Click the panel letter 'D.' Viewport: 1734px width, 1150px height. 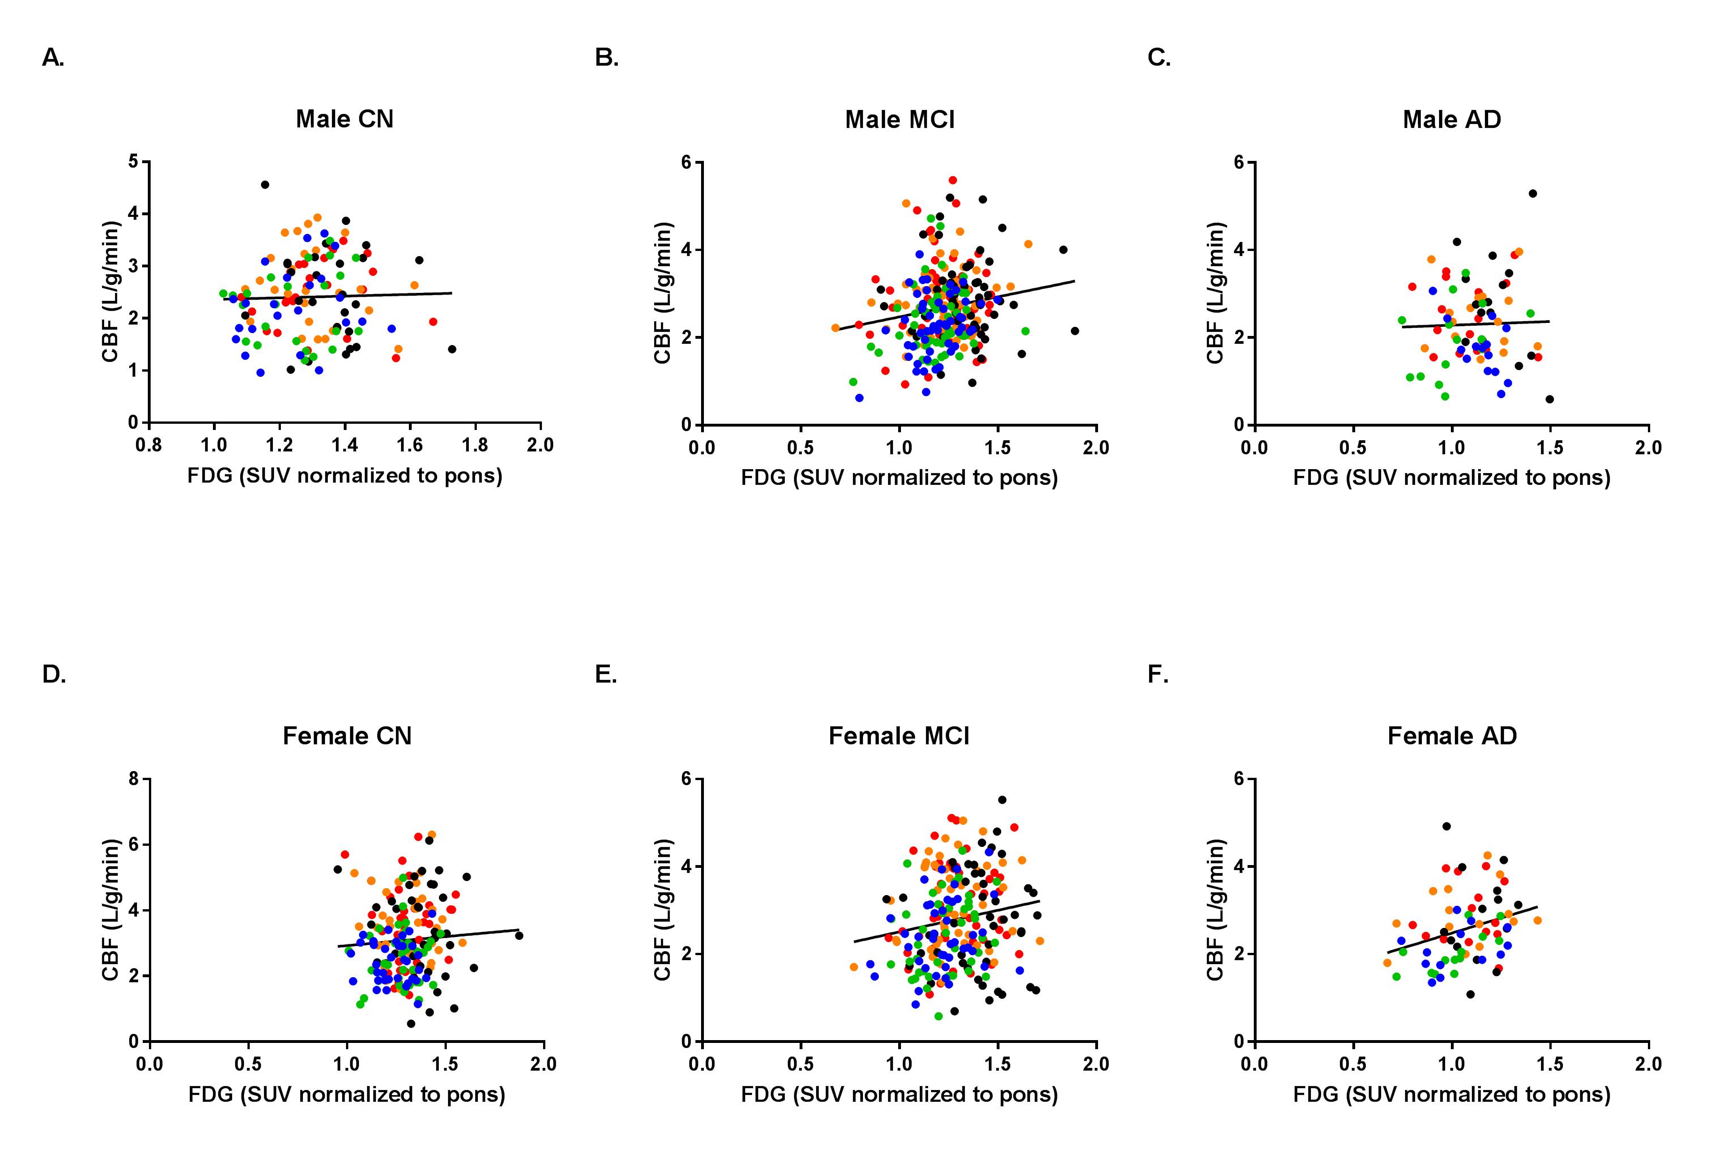click(x=54, y=674)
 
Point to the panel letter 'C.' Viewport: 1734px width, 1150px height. click(x=1159, y=57)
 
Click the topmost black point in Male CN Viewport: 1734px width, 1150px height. click(x=264, y=185)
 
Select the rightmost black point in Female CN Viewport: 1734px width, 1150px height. click(x=519, y=935)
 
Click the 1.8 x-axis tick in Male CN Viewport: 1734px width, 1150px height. click(x=475, y=445)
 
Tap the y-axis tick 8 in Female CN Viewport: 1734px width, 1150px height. click(x=134, y=778)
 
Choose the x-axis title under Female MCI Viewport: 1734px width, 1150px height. click(x=899, y=1094)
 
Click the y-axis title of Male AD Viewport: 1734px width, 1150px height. click(x=1215, y=293)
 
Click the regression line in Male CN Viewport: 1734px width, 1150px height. click(x=338, y=296)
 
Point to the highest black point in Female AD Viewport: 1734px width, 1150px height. click(x=1446, y=826)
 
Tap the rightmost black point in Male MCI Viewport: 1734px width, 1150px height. click(x=1074, y=331)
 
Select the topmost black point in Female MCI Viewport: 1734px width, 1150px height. click(x=1002, y=799)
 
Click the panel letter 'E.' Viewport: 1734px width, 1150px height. click(x=605, y=674)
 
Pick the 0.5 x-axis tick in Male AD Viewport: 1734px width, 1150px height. click(x=1353, y=448)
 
